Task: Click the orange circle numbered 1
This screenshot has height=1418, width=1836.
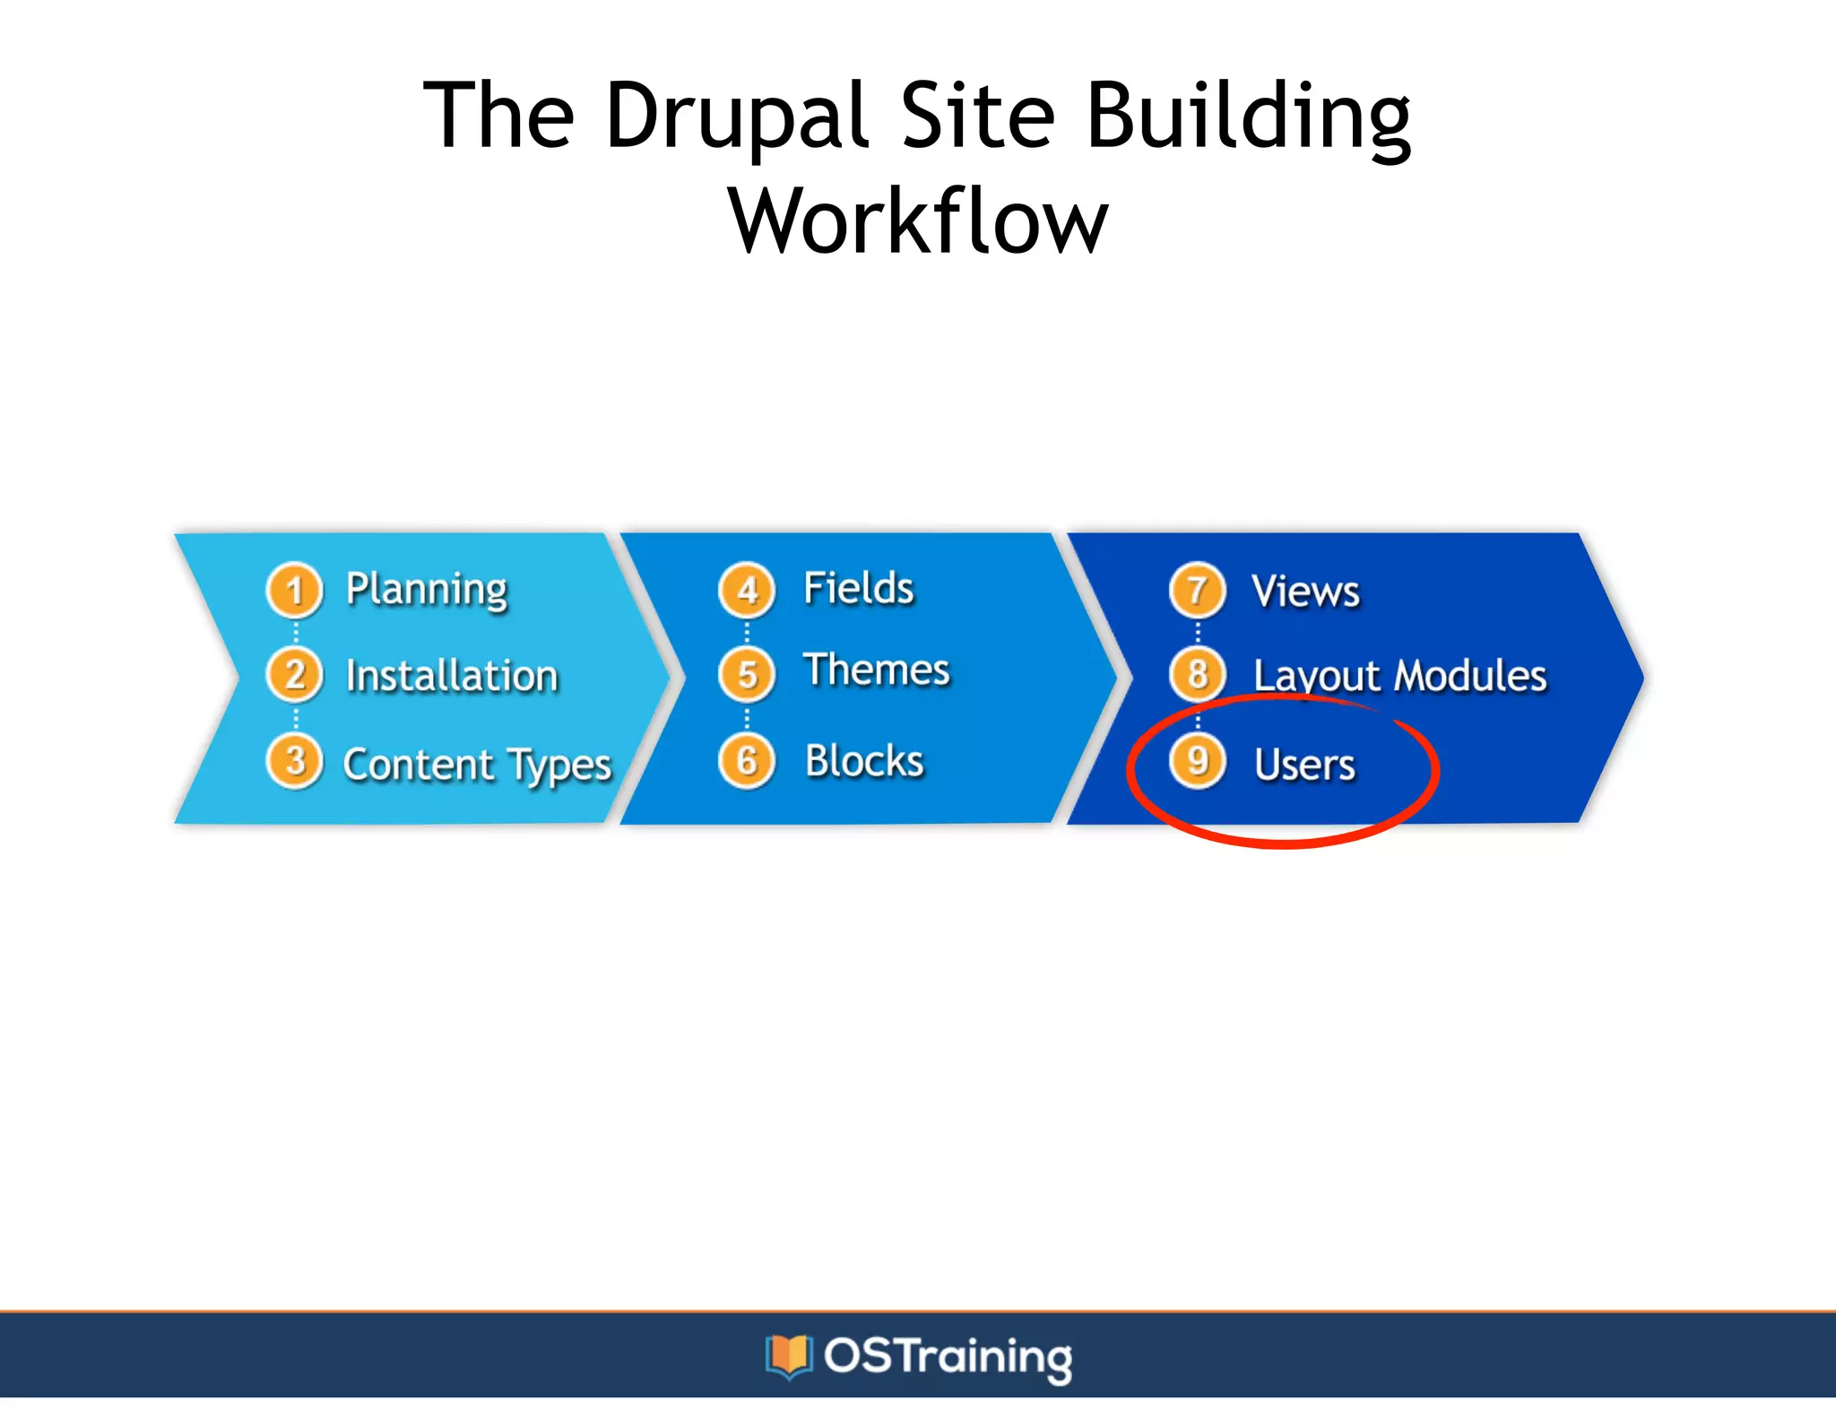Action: [294, 590]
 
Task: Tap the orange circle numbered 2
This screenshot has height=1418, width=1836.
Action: [294, 675]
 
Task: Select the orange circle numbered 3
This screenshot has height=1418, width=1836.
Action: [294, 762]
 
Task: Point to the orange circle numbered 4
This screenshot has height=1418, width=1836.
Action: [747, 590]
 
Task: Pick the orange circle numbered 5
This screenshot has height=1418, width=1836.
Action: [747, 674]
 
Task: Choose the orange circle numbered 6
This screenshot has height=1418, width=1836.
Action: [747, 762]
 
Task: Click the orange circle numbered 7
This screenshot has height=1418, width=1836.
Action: [1198, 590]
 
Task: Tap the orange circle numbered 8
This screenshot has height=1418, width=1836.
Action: [1198, 674]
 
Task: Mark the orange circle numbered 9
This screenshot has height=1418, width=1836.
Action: [1198, 762]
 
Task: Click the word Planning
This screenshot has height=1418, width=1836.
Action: [427, 591]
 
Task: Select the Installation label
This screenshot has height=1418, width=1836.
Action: [452, 676]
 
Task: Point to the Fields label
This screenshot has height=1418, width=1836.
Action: [858, 589]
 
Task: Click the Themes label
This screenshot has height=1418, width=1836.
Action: [876, 670]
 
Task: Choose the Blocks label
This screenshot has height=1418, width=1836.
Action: [864, 761]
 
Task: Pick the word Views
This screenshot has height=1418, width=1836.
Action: [1305, 592]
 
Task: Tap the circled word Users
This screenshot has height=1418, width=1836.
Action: [1304, 765]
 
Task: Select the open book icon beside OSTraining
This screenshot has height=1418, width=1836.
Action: [788, 1356]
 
